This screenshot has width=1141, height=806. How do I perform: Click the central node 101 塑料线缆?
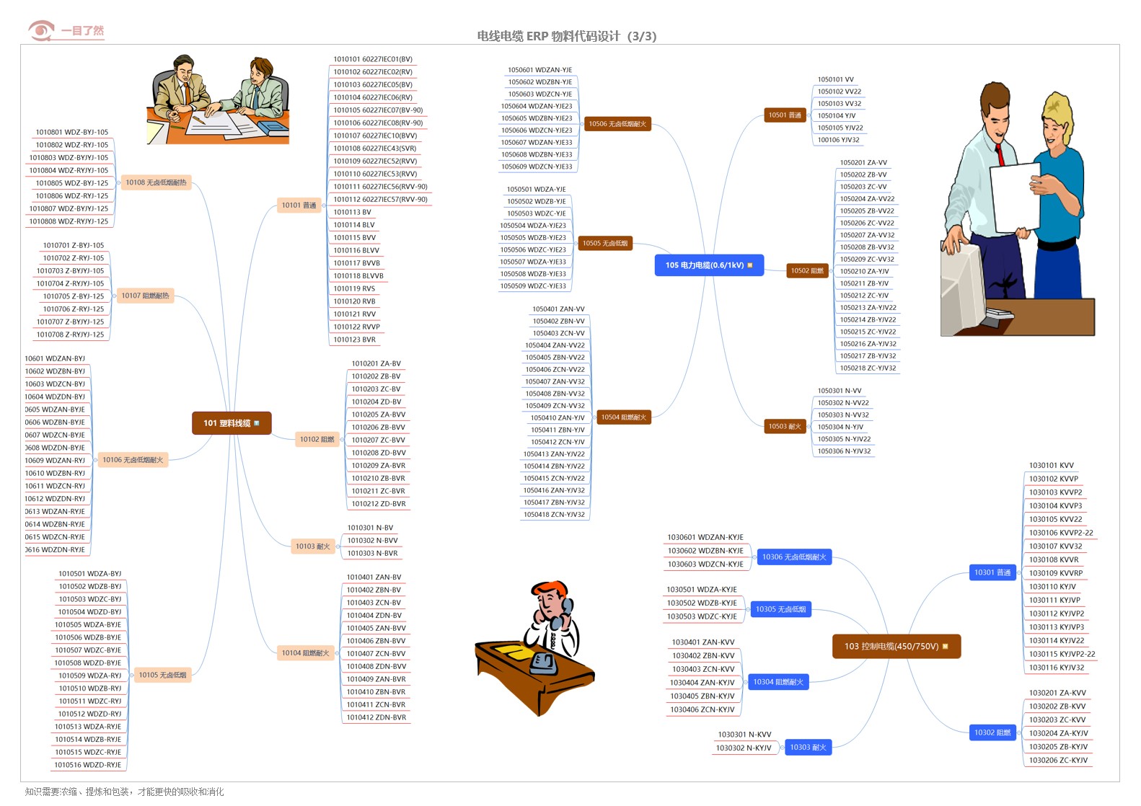coord(231,423)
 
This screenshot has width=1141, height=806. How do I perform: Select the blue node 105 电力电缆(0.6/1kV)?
coord(708,265)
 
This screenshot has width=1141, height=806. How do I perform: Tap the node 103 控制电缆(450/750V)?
coord(896,647)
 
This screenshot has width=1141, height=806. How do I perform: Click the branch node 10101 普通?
coord(299,205)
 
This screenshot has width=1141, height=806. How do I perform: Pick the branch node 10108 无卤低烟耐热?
coord(156,183)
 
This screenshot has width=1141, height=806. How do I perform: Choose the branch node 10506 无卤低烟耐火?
coord(617,124)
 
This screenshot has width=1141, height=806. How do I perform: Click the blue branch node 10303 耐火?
coord(807,748)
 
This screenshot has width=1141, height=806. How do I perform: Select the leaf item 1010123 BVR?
coord(354,340)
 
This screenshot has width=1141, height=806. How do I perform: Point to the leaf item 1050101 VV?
coord(835,80)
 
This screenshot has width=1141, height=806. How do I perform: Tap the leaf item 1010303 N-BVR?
coord(372,554)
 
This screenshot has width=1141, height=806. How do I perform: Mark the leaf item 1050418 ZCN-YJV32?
coord(554,515)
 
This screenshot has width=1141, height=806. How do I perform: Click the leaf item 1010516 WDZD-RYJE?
coord(88,765)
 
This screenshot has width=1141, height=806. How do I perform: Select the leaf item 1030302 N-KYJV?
coord(743,748)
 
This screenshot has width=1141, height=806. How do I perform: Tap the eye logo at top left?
coord(41,31)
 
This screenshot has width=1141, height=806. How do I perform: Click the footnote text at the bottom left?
coord(124,792)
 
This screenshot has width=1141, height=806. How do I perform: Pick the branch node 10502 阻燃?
coord(806,271)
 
